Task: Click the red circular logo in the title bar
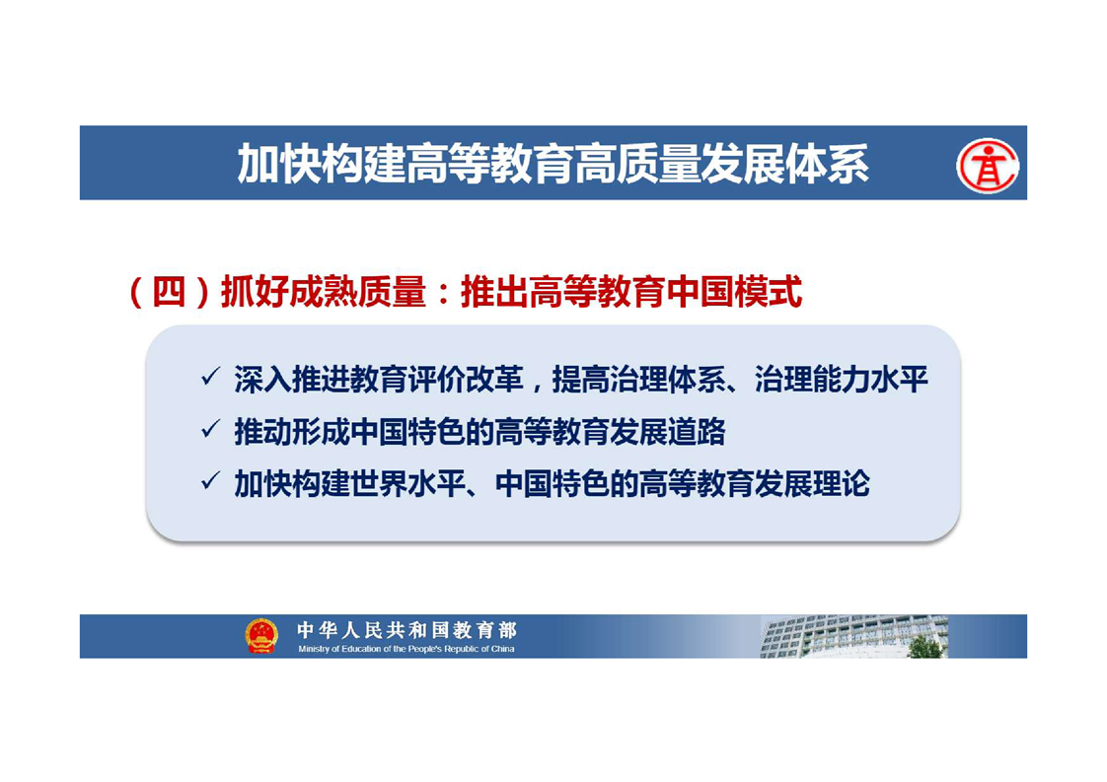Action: (x=988, y=166)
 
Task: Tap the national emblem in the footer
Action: (x=261, y=635)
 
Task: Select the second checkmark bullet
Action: (x=210, y=429)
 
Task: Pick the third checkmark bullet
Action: (x=210, y=481)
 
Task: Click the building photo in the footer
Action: (x=853, y=637)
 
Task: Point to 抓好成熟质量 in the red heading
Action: (x=324, y=292)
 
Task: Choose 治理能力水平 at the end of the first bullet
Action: (x=841, y=380)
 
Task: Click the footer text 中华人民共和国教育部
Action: (x=407, y=629)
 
